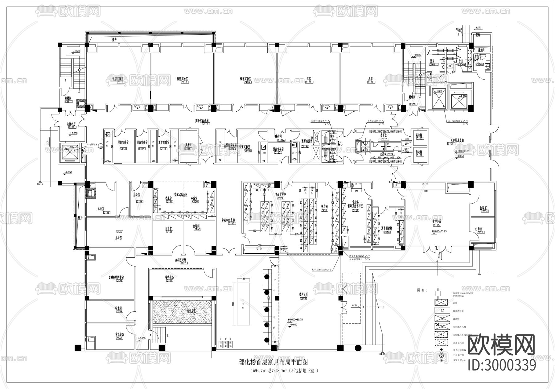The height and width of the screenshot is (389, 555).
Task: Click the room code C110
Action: (x=184, y=83)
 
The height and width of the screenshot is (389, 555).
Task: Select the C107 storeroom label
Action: (x=371, y=83)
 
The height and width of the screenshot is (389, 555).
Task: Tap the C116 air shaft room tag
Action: (x=188, y=149)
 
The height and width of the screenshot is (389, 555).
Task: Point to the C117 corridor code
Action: (x=206, y=124)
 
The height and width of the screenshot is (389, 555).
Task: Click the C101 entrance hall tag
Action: (x=451, y=144)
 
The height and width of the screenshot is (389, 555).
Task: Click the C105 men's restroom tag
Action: (x=432, y=64)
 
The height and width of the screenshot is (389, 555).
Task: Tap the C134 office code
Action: (x=139, y=201)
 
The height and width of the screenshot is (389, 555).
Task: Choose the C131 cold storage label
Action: (x=169, y=201)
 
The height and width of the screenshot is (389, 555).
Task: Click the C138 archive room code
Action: (x=119, y=281)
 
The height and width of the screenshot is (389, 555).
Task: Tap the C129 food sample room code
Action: (x=280, y=198)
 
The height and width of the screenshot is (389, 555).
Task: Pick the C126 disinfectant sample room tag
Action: (x=387, y=232)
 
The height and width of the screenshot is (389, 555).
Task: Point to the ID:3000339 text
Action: (x=502, y=366)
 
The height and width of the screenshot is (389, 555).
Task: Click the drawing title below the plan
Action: (x=273, y=362)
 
